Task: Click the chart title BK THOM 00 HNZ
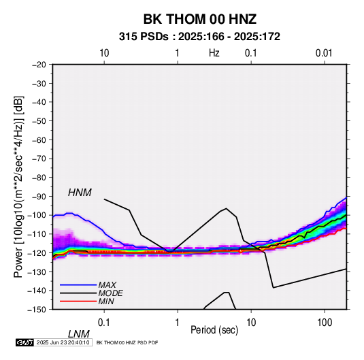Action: [200, 19]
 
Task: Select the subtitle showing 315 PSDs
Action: [199, 37]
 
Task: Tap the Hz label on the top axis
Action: [214, 53]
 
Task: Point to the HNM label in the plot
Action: [80, 193]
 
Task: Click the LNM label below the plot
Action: [79, 334]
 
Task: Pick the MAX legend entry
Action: [107, 285]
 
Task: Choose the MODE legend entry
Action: [110, 293]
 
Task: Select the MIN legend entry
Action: [106, 301]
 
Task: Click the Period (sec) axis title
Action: [214, 330]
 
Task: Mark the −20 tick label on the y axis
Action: [39, 65]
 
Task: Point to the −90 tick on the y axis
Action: [39, 197]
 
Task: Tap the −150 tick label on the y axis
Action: [37, 310]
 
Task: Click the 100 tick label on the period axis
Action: [325, 323]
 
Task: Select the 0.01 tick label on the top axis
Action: [324, 53]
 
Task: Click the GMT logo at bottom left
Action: [25, 342]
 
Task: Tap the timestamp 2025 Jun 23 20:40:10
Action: [63, 342]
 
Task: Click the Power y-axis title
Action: [18, 187]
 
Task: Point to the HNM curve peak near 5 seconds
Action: [227, 208]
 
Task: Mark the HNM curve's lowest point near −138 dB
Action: [274, 288]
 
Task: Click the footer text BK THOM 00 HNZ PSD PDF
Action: [127, 342]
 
